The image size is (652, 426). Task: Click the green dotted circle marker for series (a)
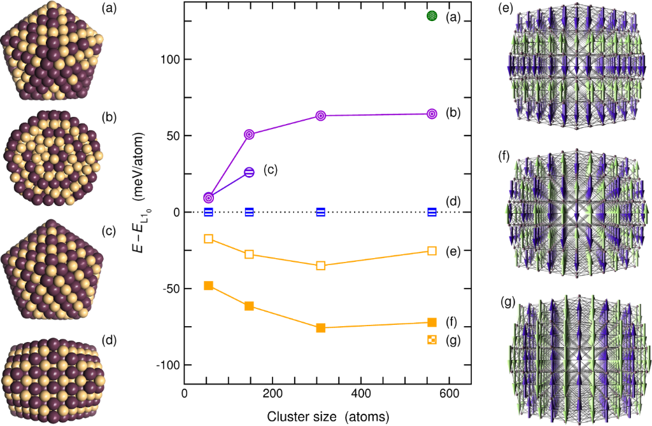[x=432, y=16]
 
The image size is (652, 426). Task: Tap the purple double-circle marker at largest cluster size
[x=432, y=114]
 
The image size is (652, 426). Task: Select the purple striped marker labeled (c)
[x=250, y=172]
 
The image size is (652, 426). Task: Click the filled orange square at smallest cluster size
[x=208, y=285]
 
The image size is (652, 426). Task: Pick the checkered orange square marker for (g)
[x=432, y=340]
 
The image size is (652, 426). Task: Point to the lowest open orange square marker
[x=321, y=265]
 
